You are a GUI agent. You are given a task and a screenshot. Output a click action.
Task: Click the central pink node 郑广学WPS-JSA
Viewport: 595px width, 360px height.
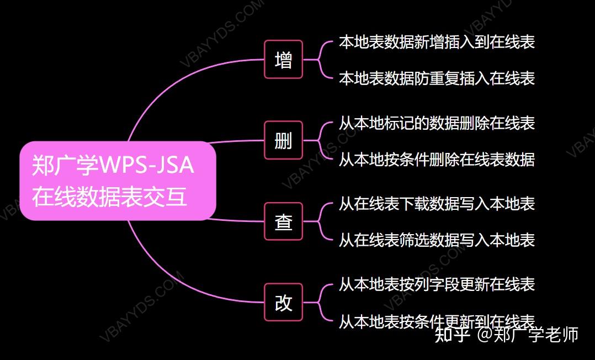pyautogui.click(x=117, y=181)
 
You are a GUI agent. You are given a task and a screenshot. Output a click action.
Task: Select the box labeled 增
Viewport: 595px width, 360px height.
pyautogui.click(x=284, y=60)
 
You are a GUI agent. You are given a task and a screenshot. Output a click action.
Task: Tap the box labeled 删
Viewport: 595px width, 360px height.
pyautogui.click(x=284, y=141)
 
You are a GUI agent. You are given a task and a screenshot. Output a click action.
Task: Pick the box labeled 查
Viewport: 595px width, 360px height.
pyautogui.click(x=284, y=222)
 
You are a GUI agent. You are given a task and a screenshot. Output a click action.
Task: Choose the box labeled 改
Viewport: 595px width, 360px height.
pyautogui.click(x=284, y=303)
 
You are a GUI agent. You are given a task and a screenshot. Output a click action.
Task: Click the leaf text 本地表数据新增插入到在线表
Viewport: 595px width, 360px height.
pyautogui.click(x=437, y=42)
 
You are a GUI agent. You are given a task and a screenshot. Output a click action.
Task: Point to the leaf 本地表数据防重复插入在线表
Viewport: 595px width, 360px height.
pyautogui.click(x=437, y=78)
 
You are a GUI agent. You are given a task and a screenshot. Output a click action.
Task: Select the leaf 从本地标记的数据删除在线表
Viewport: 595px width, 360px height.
pyautogui.click(x=437, y=123)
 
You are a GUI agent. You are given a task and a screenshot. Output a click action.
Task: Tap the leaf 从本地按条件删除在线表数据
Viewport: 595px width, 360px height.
pyautogui.click(x=437, y=160)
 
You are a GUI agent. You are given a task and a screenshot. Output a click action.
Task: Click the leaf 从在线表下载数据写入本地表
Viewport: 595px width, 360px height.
pyautogui.click(x=437, y=204)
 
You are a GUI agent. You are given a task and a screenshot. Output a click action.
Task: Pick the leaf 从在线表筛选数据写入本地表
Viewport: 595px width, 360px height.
pyautogui.click(x=437, y=240)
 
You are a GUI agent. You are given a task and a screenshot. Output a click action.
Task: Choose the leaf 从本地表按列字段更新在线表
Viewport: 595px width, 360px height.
pyautogui.click(x=437, y=284)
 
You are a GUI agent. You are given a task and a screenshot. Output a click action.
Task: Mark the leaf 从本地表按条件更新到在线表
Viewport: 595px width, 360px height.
pyautogui.click(x=437, y=321)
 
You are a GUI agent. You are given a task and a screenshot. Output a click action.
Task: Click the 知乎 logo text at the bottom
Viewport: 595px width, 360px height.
pyautogui.click(x=452, y=335)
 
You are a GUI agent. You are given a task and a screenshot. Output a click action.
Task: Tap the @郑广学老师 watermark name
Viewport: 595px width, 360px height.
pyautogui.click(x=528, y=335)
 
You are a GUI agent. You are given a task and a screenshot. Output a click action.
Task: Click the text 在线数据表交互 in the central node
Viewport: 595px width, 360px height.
pyautogui.click(x=110, y=197)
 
